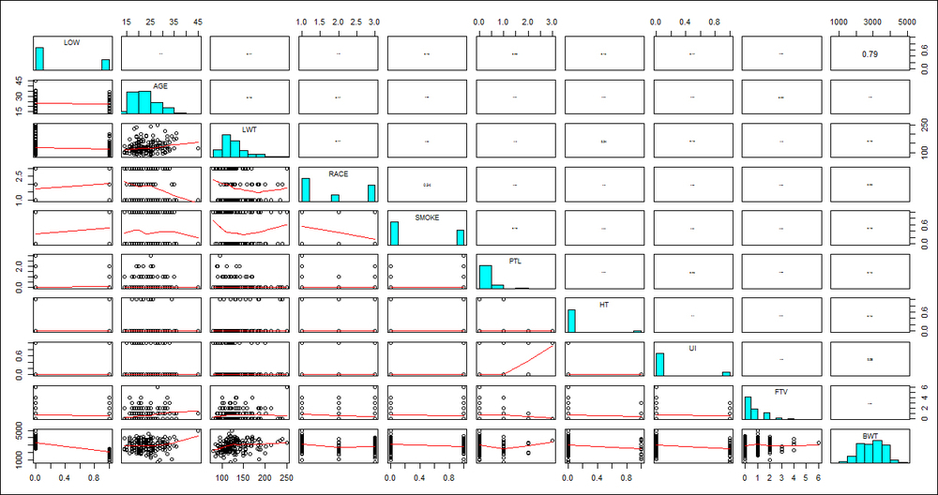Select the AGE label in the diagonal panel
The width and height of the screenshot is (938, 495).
[159, 85]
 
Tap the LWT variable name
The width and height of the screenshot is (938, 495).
[249, 129]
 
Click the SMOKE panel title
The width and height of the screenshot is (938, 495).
[427, 217]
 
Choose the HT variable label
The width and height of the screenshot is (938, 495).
[605, 304]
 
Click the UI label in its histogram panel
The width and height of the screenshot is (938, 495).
[692, 347]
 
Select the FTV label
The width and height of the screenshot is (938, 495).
[781, 391]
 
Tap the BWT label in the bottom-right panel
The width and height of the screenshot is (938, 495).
[870, 435]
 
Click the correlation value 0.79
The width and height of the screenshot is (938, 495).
[870, 54]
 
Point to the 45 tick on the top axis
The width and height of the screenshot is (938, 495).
[197, 20]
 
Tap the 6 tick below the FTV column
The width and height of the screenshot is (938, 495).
[819, 477]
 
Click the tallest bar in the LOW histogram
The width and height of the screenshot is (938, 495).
[39, 58]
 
